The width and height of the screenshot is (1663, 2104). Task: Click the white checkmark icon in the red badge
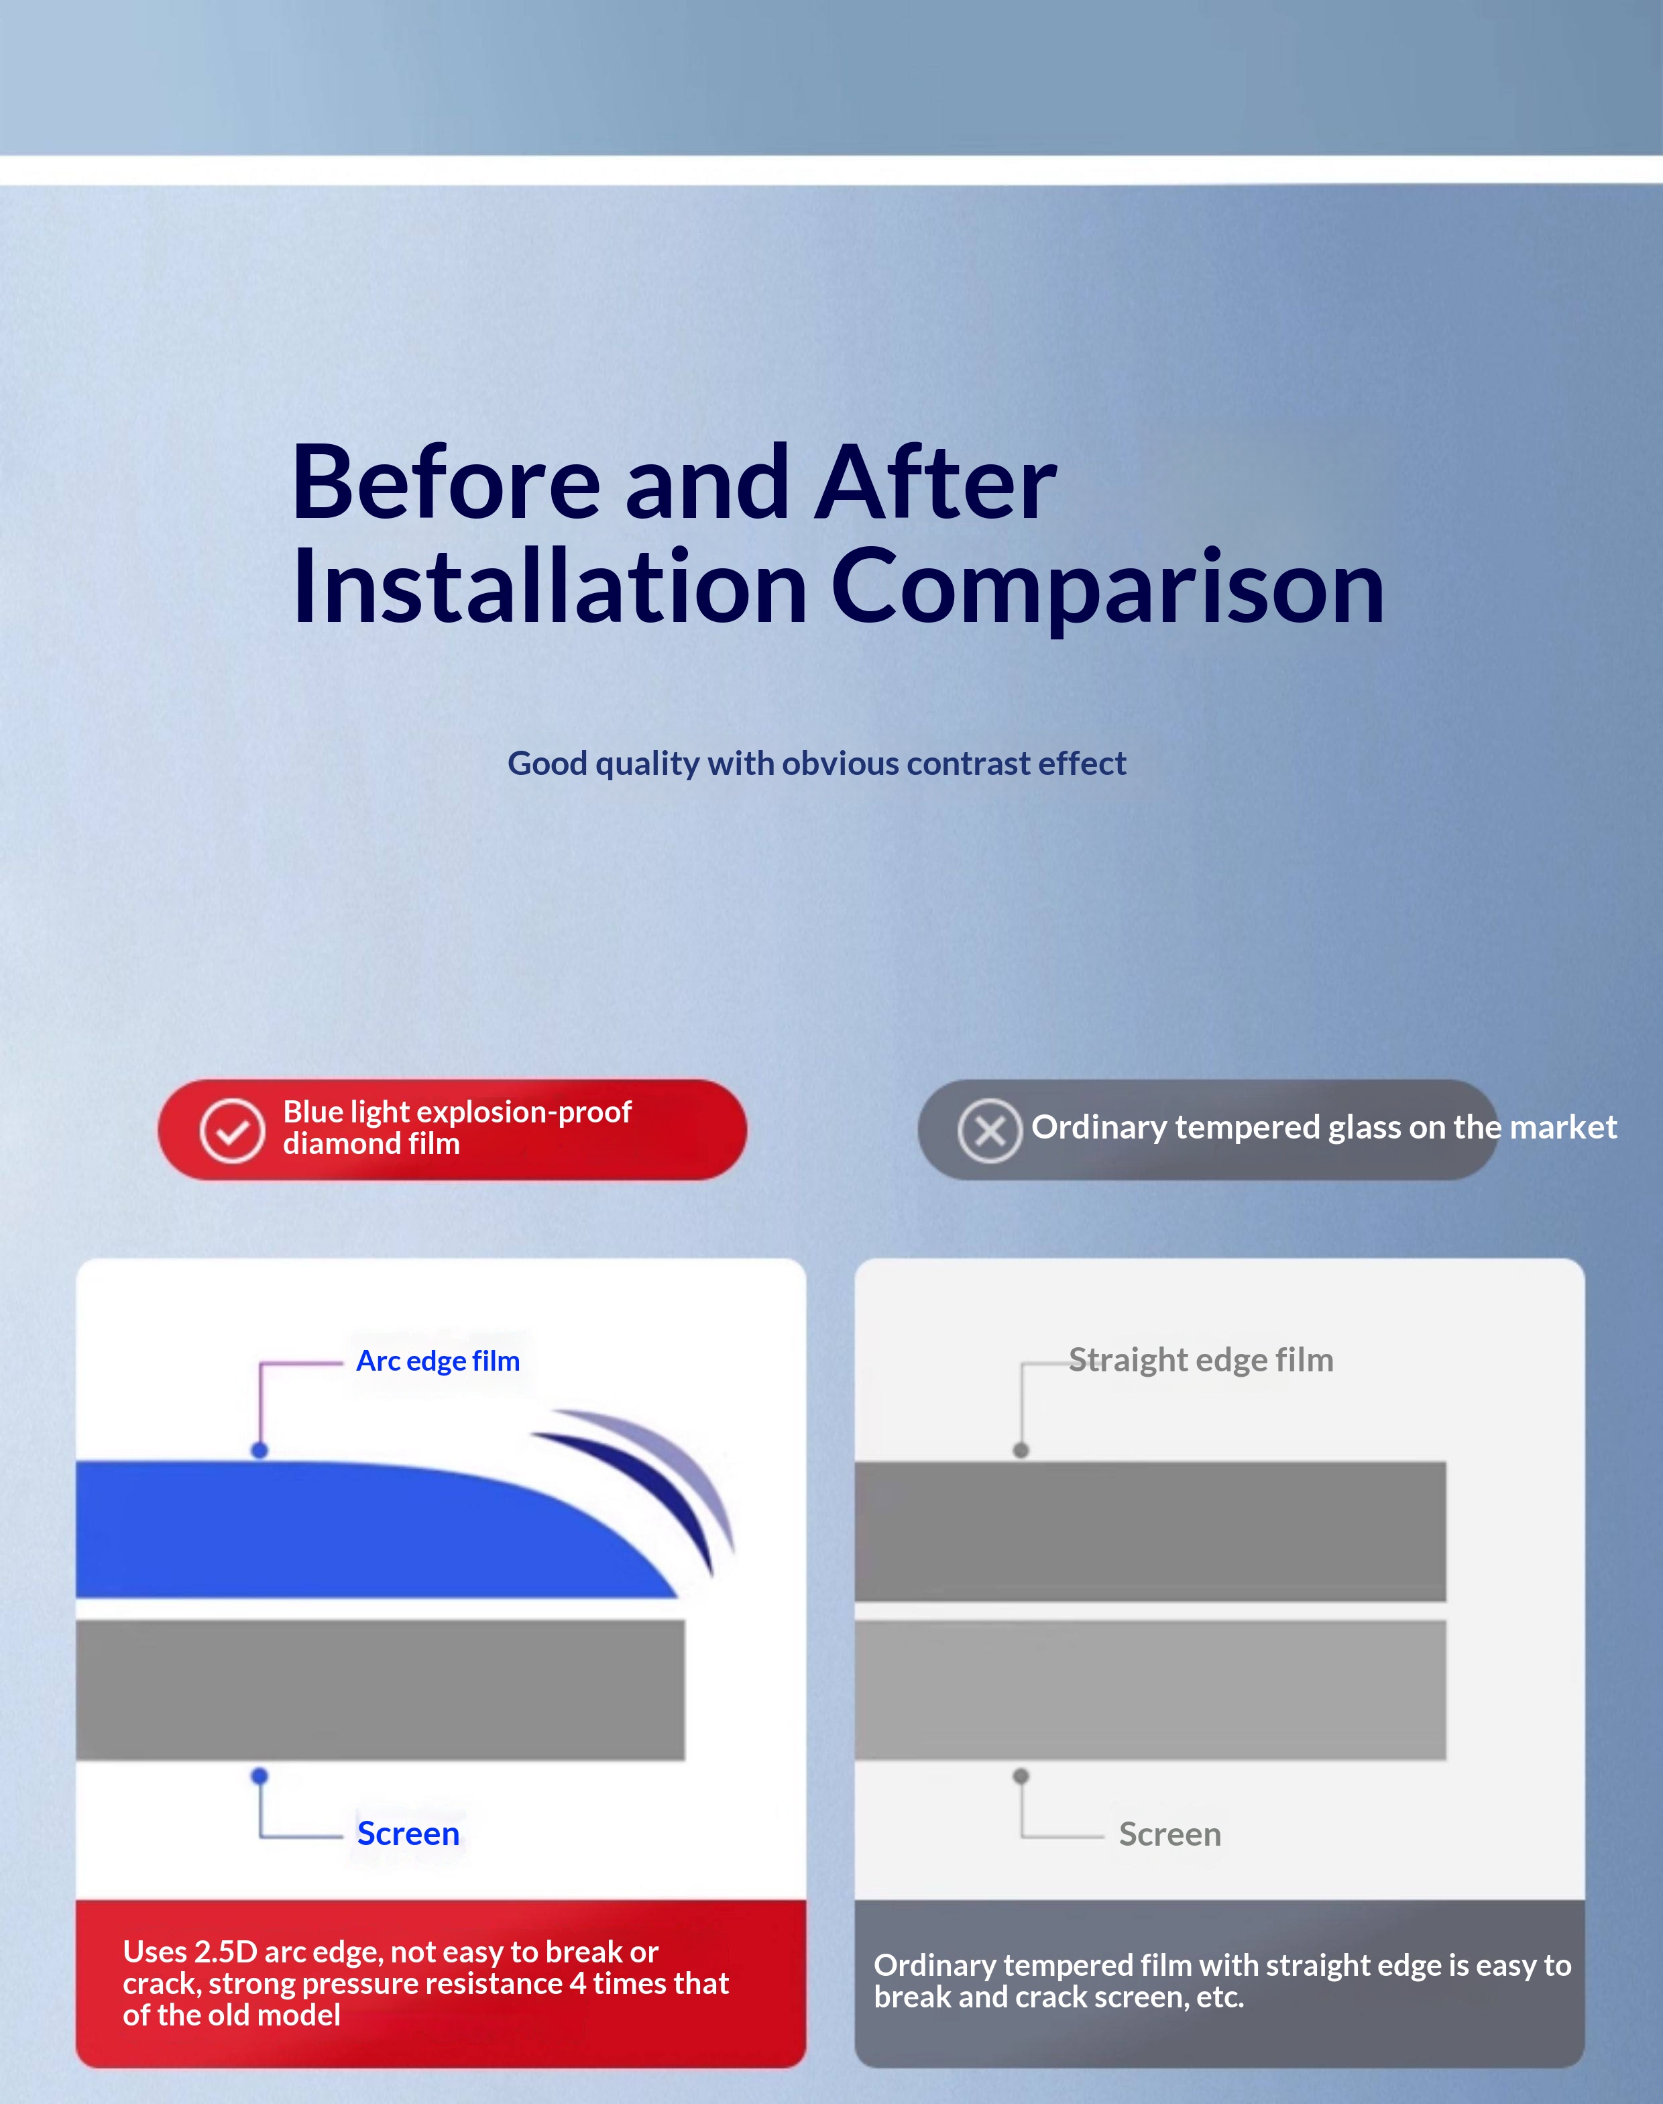coord(232,1131)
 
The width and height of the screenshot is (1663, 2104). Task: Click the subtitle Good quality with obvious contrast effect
coord(817,764)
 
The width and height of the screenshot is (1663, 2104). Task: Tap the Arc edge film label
coord(438,1361)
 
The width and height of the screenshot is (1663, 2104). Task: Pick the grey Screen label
coord(1169,1834)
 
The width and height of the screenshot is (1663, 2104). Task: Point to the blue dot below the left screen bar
coord(259,1776)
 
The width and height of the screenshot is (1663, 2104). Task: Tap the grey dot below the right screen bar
coord(1021,1776)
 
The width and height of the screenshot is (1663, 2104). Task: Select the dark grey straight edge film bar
coord(1150,1531)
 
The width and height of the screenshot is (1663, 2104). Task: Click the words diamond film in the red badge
coord(371,1143)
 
